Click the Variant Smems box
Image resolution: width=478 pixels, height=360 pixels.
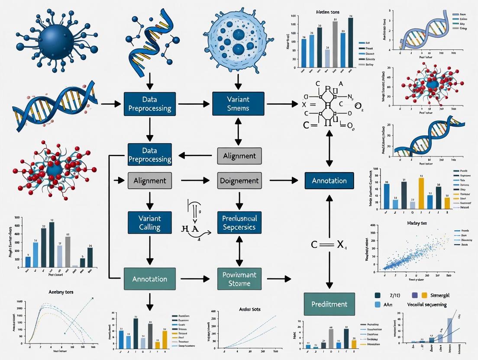click(x=238, y=104)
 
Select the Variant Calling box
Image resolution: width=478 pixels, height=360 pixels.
click(x=150, y=222)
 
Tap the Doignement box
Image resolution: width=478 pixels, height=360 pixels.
click(x=239, y=180)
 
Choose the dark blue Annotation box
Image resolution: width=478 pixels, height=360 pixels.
click(x=329, y=180)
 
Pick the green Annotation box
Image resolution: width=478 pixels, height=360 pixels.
click(x=150, y=279)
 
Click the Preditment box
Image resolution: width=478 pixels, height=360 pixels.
click(x=329, y=304)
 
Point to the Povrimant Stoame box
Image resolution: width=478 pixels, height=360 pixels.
click(x=239, y=279)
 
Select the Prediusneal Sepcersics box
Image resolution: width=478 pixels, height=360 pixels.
click(x=239, y=222)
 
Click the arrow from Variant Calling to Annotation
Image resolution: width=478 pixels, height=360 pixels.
click(x=150, y=251)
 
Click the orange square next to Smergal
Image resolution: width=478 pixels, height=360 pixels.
click(x=424, y=295)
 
